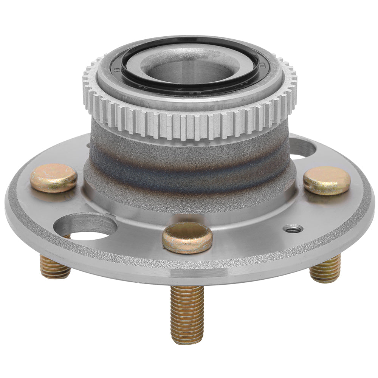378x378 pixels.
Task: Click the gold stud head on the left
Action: (x=54, y=178)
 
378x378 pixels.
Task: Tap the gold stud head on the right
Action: (x=327, y=180)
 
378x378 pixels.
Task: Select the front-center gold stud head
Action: (x=187, y=237)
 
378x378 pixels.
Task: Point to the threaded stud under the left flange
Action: (x=55, y=266)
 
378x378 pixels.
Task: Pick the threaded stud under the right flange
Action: (x=325, y=269)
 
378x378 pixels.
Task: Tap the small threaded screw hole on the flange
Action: (x=293, y=228)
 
